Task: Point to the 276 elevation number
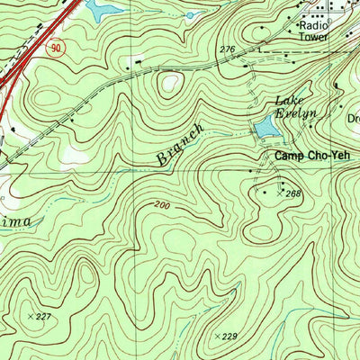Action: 227,49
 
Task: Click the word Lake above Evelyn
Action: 288,99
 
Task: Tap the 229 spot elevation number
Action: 229,336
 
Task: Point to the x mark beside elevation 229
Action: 216,336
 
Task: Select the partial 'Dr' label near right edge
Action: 352,118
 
